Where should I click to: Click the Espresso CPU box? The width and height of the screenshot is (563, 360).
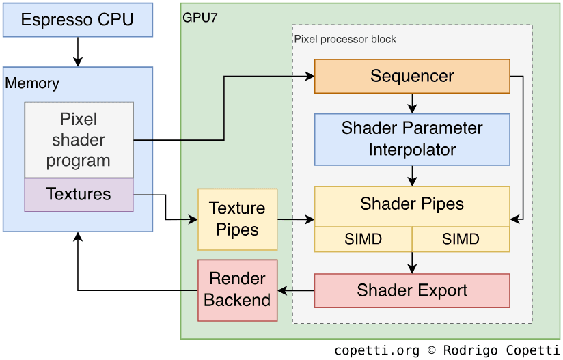click(78, 20)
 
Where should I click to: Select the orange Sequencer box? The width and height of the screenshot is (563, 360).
click(412, 76)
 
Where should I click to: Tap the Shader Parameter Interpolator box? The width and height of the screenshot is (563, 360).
click(412, 139)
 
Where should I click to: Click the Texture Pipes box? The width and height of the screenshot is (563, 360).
click(237, 219)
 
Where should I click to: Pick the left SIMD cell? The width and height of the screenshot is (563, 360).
click(363, 239)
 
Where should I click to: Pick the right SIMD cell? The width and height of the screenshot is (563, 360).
click(461, 239)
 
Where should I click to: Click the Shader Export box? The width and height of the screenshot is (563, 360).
click(412, 290)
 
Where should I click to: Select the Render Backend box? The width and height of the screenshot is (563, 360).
click(237, 290)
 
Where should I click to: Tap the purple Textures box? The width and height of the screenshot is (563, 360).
click(79, 195)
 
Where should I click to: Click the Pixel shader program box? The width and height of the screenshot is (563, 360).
click(79, 140)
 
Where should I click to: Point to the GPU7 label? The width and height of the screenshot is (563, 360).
click(200, 18)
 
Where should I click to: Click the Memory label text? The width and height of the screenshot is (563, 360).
click(32, 83)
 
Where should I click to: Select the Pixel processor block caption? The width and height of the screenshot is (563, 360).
click(345, 39)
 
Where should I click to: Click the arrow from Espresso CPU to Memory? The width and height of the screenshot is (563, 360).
click(78, 51)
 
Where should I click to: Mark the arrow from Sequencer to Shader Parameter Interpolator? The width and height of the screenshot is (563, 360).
click(412, 103)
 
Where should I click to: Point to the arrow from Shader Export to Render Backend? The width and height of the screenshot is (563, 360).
click(296, 291)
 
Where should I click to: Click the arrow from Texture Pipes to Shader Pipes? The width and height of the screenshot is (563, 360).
click(296, 220)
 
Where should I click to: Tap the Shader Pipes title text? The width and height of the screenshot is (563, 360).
click(412, 204)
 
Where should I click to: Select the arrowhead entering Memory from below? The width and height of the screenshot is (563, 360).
click(78, 237)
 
